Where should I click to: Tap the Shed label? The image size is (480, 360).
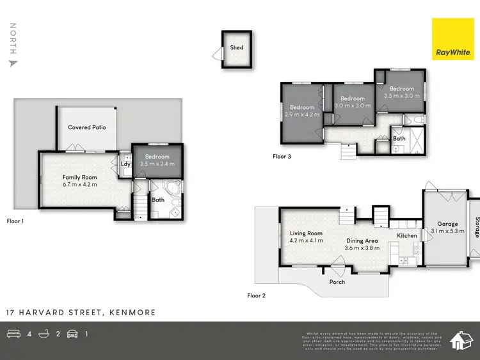pyautogui.click(x=237, y=47)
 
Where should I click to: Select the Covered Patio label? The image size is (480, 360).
pyautogui.click(x=87, y=127)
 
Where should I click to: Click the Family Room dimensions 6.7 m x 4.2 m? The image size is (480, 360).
pyautogui.click(x=79, y=184)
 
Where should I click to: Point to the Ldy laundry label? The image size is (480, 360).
pyautogui.click(x=125, y=164)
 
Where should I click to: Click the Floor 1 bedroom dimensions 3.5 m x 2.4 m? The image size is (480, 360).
pyautogui.click(x=157, y=164)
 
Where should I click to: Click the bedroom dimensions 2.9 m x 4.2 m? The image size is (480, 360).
pyautogui.click(x=302, y=115)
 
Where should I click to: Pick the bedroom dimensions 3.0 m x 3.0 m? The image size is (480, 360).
pyautogui.click(x=352, y=106)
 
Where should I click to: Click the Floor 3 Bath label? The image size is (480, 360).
pyautogui.click(x=399, y=138)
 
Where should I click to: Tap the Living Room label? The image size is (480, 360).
pyautogui.click(x=306, y=233)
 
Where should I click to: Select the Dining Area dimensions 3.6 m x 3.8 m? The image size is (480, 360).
pyautogui.click(x=362, y=249)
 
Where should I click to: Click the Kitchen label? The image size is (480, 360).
pyautogui.click(x=407, y=235)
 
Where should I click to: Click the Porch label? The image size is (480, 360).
pyautogui.click(x=337, y=282)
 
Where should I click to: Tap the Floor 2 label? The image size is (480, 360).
pyautogui.click(x=257, y=295)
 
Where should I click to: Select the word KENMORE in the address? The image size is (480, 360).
pyautogui.click(x=132, y=313)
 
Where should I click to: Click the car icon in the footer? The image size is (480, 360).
pyautogui.click(x=72, y=334)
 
